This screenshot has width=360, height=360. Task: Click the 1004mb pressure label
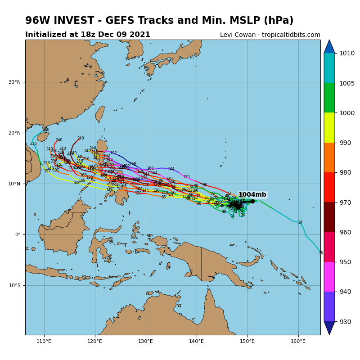pos(252,195)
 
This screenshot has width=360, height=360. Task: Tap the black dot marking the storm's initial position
pos(252,201)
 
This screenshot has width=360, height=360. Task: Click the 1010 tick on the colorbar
pos(347,53)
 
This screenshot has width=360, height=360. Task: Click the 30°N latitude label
pos(15,82)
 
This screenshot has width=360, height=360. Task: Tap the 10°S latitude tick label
pos(15,285)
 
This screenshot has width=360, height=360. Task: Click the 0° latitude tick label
pos(18,234)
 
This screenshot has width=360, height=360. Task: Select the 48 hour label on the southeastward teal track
pos(321,252)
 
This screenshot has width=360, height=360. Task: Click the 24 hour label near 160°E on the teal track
pos(300,222)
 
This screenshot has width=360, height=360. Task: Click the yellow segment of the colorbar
pos(329,127)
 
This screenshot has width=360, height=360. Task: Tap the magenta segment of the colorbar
pos(329,277)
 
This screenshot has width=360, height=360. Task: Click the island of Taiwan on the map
pos(100,114)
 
